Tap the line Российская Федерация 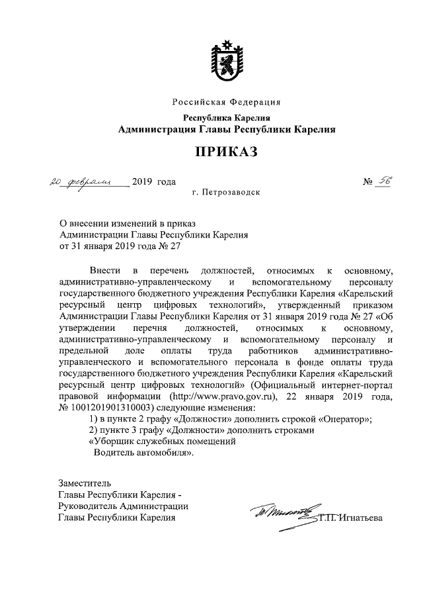pos(226,102)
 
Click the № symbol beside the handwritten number pos(367,181)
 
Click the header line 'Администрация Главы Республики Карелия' pos(226,130)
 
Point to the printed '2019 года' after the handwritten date pos(154,181)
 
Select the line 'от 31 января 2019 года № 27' pos(119,246)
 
